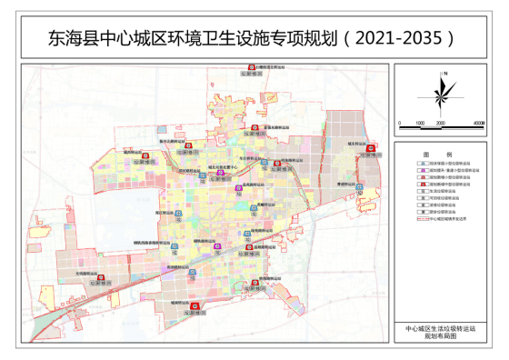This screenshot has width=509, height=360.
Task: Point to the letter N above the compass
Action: pos(443,72)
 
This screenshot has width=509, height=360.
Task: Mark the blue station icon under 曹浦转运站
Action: pos(359,190)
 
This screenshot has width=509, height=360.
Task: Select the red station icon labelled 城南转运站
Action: pos(190,305)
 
